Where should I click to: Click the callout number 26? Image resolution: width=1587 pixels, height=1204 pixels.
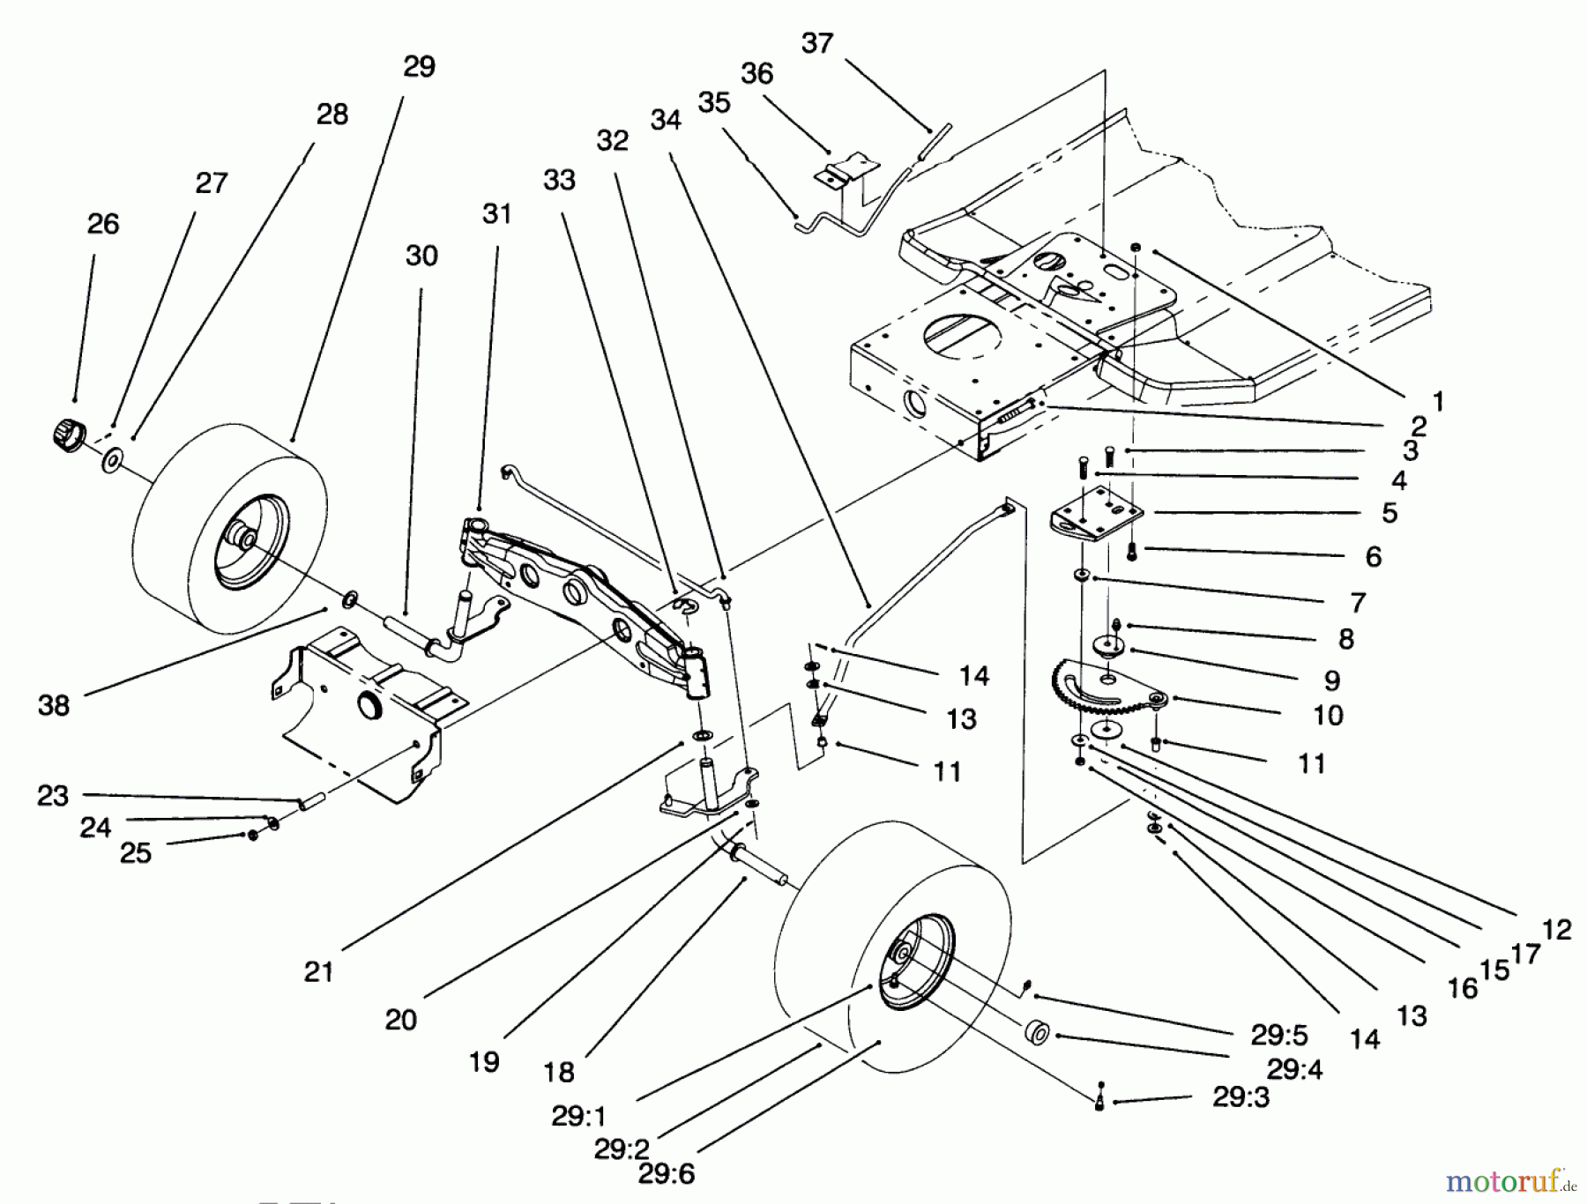(x=103, y=224)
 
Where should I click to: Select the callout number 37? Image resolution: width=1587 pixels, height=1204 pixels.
(x=817, y=43)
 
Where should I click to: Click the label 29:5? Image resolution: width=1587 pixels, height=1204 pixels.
(x=1279, y=1035)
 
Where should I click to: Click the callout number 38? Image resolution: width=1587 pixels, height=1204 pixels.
(x=54, y=704)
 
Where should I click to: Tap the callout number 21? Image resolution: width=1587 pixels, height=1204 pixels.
(x=318, y=971)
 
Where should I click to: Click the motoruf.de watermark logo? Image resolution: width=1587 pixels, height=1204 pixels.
(x=1509, y=1178)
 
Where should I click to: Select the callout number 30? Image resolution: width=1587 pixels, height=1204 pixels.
(x=421, y=256)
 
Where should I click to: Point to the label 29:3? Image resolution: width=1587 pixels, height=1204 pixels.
(x=1241, y=1097)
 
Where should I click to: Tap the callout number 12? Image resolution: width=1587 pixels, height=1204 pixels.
(x=1557, y=929)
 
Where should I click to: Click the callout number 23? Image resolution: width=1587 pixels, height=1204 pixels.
(x=53, y=795)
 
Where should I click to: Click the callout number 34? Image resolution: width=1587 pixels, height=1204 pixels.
(x=666, y=120)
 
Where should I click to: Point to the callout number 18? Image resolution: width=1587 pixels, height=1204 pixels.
(x=559, y=1072)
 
